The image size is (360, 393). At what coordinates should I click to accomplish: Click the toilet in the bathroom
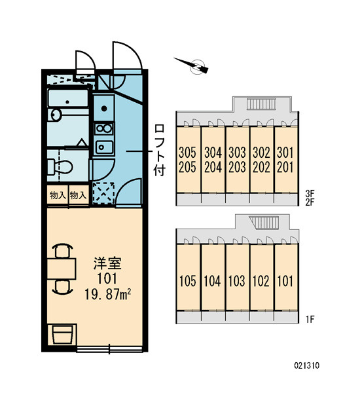tap(60, 166)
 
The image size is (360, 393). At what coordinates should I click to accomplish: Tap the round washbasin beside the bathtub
tap(56, 115)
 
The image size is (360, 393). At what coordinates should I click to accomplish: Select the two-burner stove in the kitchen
tap(104, 129)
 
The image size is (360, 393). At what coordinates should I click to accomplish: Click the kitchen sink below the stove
tap(104, 147)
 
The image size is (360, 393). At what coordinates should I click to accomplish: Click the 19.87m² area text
tap(108, 294)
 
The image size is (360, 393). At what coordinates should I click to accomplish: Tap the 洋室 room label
tap(108, 263)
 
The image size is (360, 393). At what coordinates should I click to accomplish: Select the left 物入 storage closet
tap(58, 196)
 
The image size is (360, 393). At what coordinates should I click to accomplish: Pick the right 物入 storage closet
tap(79, 196)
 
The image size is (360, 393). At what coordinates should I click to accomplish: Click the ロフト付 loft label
tap(159, 150)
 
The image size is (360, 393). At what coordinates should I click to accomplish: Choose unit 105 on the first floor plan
tap(188, 281)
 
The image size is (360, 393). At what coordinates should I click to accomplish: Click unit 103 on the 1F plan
tap(237, 281)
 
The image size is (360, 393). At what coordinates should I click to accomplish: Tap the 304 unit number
tap(213, 153)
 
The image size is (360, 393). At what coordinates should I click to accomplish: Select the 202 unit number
tap(261, 167)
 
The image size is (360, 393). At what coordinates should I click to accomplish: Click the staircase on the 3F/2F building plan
tap(261, 104)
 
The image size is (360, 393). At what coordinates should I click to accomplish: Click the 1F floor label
tap(310, 320)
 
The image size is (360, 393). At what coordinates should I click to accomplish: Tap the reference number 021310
tap(306, 365)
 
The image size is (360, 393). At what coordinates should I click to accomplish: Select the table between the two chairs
tap(62, 269)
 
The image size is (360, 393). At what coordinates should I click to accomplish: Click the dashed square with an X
tap(103, 192)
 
